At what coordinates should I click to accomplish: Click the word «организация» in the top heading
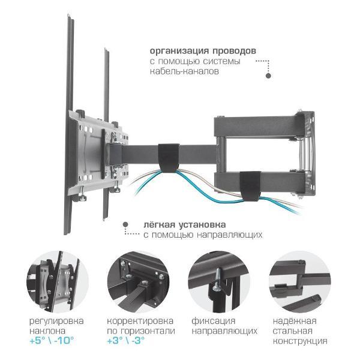click(179, 51)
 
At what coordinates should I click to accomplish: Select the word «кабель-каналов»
click(184, 71)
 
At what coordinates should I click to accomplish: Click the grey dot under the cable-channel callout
click(268, 76)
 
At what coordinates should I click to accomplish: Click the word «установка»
click(202, 225)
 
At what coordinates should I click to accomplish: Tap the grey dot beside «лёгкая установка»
click(125, 224)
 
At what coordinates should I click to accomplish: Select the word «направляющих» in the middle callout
click(230, 235)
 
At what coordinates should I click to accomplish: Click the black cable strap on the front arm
click(169, 158)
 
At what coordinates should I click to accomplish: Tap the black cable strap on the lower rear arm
click(250, 186)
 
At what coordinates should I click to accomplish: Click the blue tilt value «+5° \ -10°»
click(52, 340)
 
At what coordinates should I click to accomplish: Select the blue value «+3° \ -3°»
click(126, 340)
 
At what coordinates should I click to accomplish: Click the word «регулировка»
click(56, 321)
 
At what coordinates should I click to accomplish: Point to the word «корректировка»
click(140, 321)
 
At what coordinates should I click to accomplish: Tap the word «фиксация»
click(214, 321)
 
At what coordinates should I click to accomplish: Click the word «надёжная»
click(295, 321)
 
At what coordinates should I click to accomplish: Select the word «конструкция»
click(300, 341)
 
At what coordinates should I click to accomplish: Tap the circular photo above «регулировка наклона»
click(58, 282)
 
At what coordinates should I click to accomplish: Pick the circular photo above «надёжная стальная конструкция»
click(300, 282)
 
